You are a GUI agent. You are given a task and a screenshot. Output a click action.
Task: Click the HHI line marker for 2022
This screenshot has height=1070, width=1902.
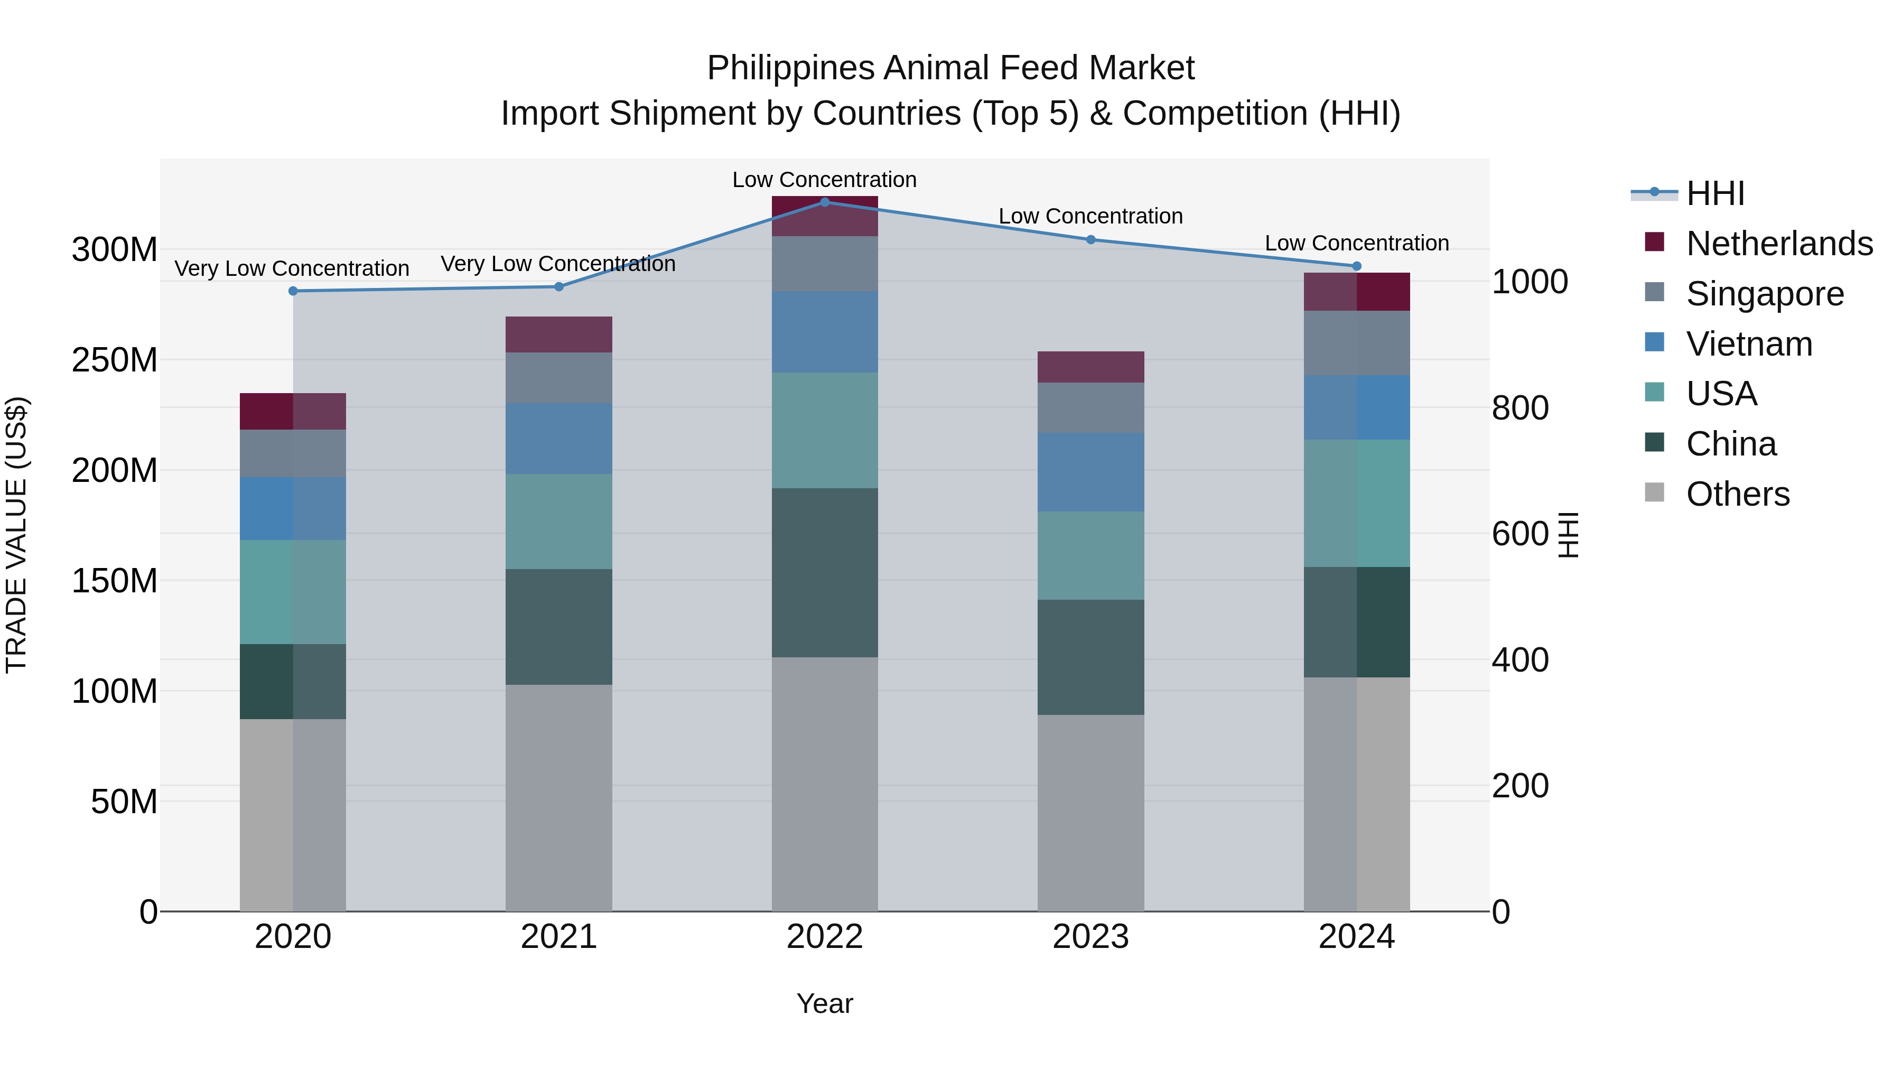point(825,202)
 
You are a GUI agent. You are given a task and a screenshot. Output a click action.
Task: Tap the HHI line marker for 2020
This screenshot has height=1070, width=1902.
point(293,291)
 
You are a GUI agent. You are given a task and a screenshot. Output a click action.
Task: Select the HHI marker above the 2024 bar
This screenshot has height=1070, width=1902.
point(1356,266)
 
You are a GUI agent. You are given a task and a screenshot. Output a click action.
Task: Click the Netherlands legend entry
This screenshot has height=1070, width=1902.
point(1779,244)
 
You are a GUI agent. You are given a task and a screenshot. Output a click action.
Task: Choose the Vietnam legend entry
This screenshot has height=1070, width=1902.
point(1748,344)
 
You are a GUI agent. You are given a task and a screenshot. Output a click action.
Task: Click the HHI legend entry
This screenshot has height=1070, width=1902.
point(1715,193)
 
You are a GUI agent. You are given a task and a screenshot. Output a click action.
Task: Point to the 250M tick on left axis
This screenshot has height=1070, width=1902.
point(115,360)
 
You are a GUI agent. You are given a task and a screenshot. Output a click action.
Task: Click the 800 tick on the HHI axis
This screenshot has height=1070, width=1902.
point(1519,408)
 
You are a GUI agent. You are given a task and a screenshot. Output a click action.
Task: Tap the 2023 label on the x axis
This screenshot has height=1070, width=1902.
point(1090,937)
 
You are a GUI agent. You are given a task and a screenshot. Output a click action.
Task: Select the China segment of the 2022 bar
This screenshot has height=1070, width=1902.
point(825,572)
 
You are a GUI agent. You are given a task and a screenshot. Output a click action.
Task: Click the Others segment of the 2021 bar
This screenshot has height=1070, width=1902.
point(559,797)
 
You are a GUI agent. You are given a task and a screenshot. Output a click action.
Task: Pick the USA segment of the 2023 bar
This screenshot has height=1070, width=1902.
point(1090,555)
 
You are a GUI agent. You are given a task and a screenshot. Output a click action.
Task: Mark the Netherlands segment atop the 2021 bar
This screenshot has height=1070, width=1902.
point(559,334)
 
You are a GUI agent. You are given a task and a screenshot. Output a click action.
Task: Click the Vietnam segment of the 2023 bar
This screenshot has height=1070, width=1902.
point(1090,472)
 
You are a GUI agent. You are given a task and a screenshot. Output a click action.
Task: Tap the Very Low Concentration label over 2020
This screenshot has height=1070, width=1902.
point(292,269)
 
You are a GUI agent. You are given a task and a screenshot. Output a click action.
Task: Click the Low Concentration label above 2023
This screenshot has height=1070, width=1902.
point(1090,216)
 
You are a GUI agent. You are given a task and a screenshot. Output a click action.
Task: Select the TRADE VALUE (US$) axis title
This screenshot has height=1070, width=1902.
point(16,535)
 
